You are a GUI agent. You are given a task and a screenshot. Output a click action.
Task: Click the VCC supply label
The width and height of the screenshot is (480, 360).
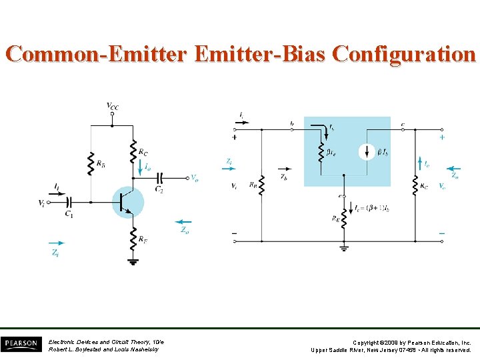point(113,105)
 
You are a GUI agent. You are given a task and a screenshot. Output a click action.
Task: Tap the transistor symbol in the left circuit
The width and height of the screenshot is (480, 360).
point(127,201)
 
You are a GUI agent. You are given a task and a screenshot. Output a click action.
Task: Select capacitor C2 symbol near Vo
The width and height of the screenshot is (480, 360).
point(160,179)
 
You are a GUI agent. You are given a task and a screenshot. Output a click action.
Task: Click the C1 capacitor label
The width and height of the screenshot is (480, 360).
point(69,213)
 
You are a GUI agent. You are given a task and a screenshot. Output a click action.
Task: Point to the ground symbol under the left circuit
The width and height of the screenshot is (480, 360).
point(133,262)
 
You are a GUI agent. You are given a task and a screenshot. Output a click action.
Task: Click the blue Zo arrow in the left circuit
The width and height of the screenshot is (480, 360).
point(183,222)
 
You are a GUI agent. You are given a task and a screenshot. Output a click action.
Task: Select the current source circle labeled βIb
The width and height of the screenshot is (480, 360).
point(367,152)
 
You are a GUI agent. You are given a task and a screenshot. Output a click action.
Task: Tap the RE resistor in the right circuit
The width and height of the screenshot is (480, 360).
point(344,219)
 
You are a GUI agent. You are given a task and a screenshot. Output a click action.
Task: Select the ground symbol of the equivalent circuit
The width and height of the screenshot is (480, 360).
point(344,249)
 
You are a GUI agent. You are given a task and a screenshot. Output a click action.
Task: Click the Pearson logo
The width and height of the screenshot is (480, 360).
point(21,344)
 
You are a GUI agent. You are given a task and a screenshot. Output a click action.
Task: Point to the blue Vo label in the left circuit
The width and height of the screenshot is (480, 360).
point(194,178)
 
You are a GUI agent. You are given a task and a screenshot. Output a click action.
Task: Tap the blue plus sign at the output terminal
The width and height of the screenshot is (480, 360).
point(442,137)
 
